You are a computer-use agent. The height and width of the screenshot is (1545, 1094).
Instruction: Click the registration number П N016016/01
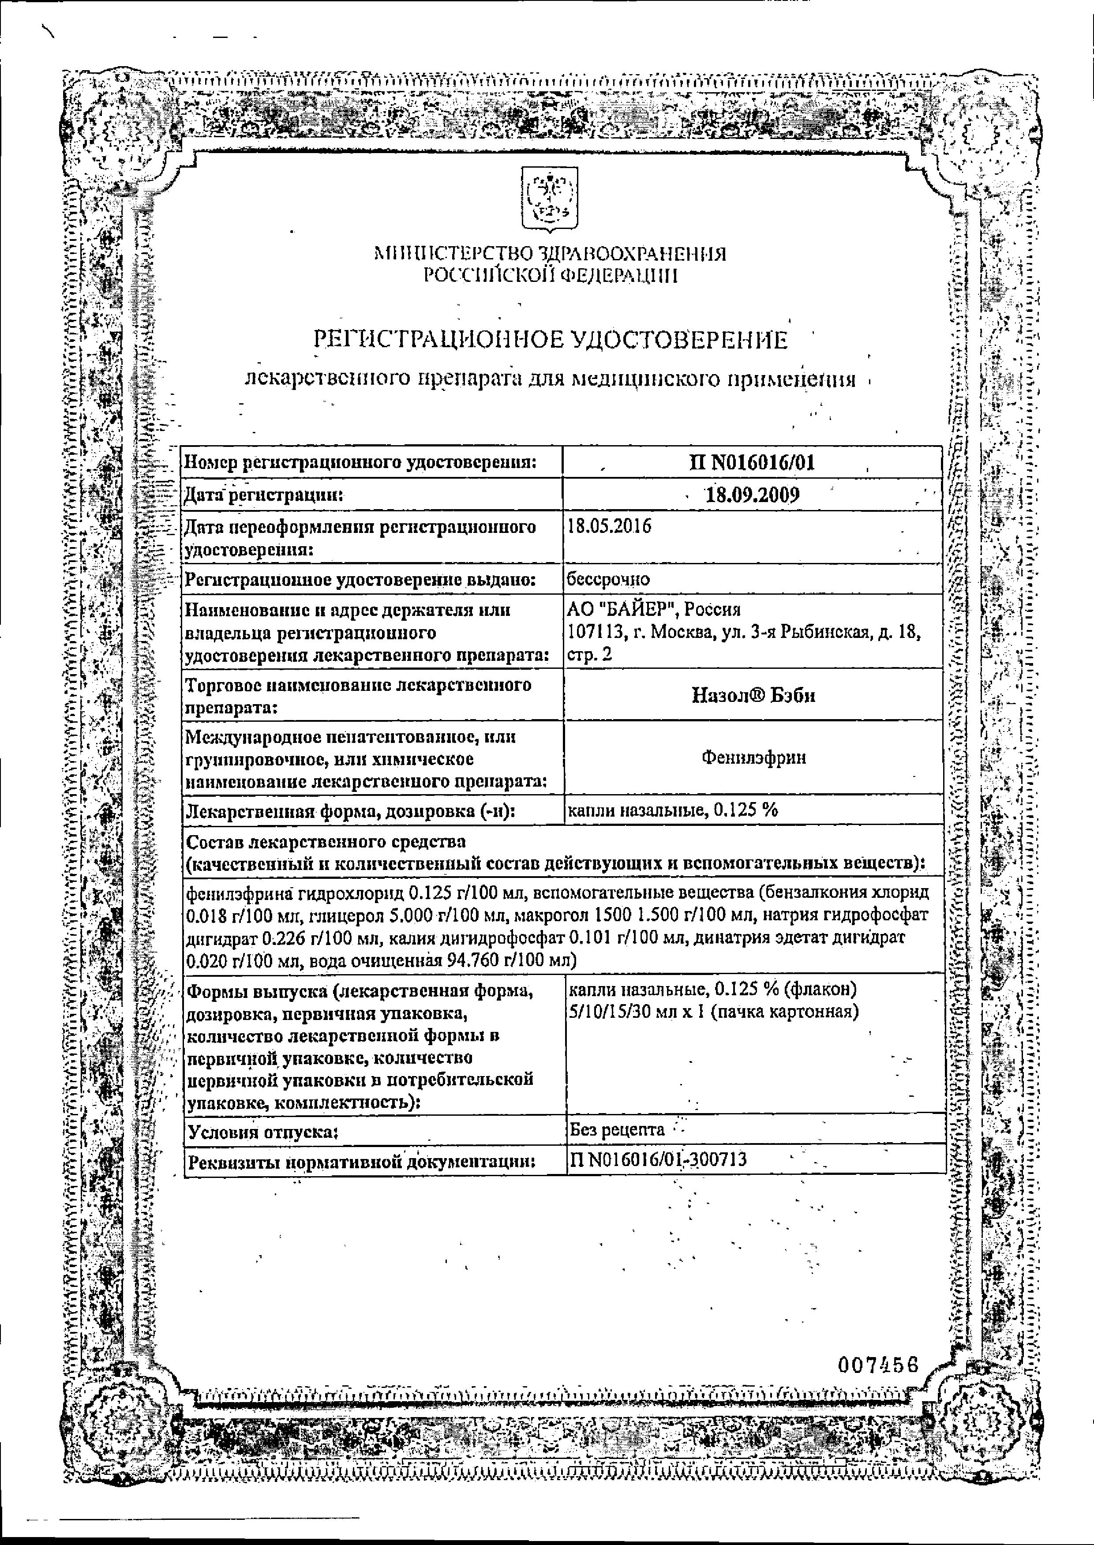point(752,462)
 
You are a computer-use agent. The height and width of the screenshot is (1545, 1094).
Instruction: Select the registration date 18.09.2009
point(752,495)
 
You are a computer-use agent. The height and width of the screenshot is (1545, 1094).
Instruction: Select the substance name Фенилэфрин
point(753,757)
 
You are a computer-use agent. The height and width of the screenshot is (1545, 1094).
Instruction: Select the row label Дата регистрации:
point(264,495)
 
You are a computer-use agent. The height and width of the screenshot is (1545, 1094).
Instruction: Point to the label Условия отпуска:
point(263,1131)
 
